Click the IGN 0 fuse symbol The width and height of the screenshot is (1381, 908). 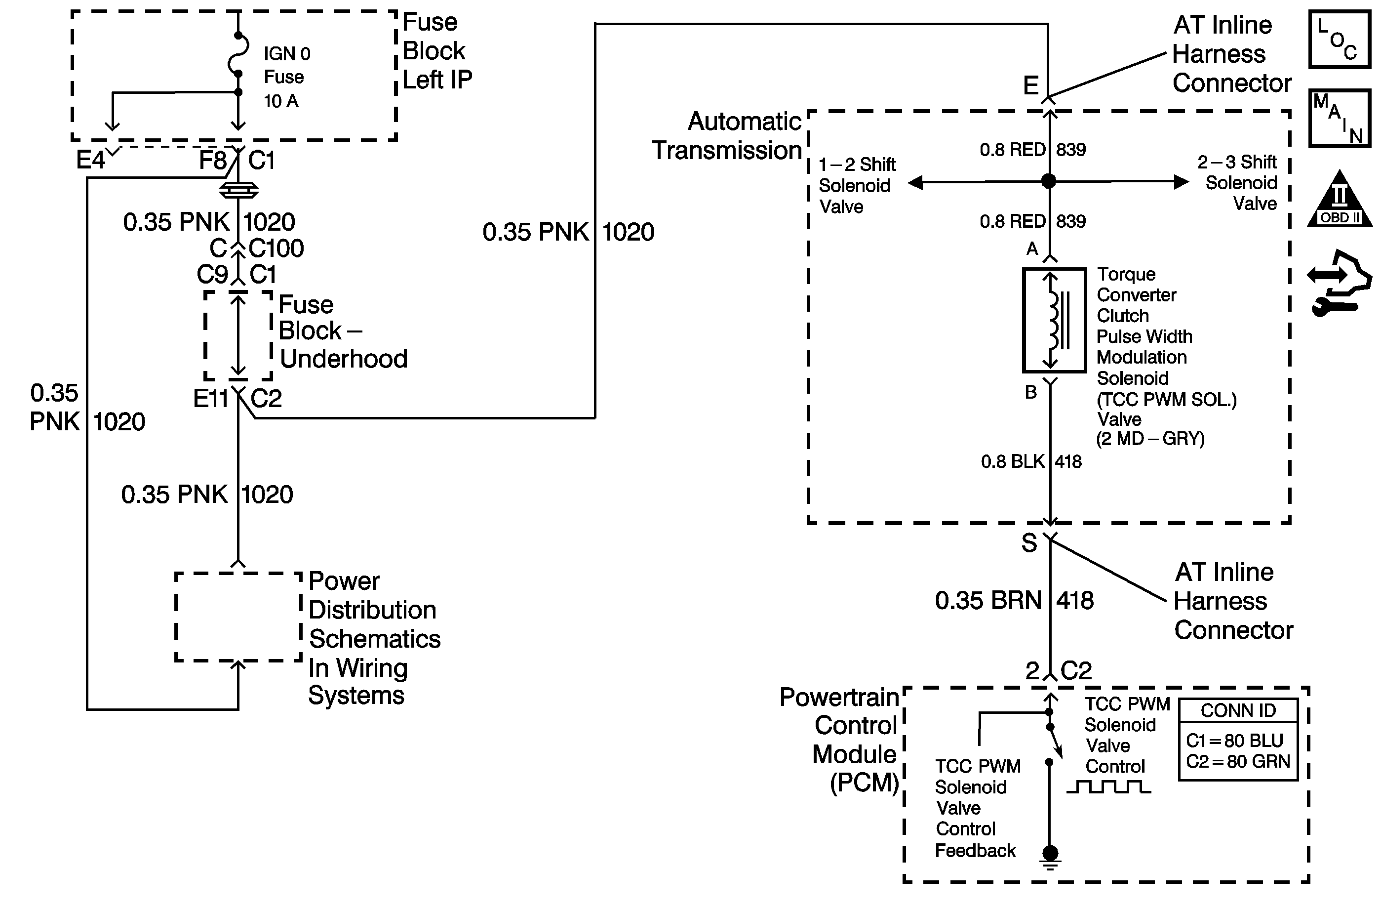pyautogui.click(x=238, y=54)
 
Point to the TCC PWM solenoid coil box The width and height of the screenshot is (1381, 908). pyautogui.click(x=1054, y=320)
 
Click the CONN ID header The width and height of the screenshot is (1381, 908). pyautogui.click(x=1238, y=710)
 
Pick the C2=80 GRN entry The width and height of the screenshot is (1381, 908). pyautogui.click(x=1238, y=761)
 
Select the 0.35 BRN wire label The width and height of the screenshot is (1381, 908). pyautogui.click(x=988, y=600)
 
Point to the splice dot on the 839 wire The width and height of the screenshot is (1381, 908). pyautogui.click(x=1049, y=181)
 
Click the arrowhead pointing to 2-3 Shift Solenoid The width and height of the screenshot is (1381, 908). pyautogui.click(x=1181, y=182)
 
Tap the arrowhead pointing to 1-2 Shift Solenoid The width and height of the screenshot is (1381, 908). pyautogui.click(x=915, y=183)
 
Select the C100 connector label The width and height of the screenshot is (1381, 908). pyautogui.click(x=276, y=248)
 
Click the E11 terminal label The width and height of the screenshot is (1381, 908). pyautogui.click(x=211, y=399)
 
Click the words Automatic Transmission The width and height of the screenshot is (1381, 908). pyautogui.click(x=727, y=136)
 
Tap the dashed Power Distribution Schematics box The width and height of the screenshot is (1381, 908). pyautogui.click(x=238, y=617)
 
